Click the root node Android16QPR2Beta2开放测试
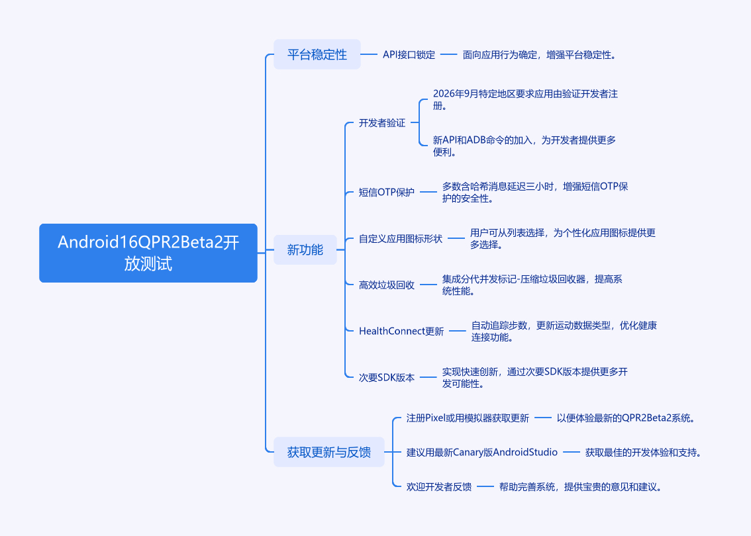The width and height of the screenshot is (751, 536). (x=148, y=253)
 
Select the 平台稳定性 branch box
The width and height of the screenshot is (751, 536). (x=317, y=54)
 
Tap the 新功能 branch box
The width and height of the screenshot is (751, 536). (x=305, y=249)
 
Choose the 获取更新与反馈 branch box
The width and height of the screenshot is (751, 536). (x=329, y=453)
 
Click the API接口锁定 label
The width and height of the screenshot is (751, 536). (x=409, y=55)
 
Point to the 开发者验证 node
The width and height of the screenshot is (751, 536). (x=381, y=122)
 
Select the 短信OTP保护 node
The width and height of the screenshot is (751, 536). (x=386, y=192)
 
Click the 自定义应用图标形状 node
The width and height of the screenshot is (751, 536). (x=400, y=238)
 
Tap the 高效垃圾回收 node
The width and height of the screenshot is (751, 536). (x=386, y=285)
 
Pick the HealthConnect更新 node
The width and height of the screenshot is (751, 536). (x=401, y=331)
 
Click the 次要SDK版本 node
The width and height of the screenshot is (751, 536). (x=386, y=377)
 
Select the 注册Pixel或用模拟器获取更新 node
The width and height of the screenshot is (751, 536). (x=468, y=418)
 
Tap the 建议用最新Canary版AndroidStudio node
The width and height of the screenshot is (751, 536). (x=481, y=453)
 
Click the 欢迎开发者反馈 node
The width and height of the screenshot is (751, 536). (x=438, y=487)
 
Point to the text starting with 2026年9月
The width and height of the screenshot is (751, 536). (x=525, y=100)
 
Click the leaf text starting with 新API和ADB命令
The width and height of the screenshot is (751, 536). (x=524, y=146)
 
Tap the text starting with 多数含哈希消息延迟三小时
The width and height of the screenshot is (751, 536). (x=534, y=192)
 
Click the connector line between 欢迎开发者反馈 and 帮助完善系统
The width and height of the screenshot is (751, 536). (x=485, y=487)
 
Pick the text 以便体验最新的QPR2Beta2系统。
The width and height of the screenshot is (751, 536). (x=626, y=418)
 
